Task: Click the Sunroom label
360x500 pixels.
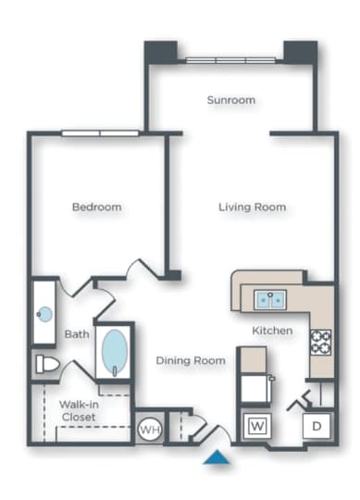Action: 230,100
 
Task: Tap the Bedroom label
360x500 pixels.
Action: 97,207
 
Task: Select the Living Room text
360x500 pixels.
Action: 252,206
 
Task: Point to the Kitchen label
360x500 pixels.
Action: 272,331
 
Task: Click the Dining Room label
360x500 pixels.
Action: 191,360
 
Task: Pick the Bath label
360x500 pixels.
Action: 76,334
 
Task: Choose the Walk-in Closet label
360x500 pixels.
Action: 79,410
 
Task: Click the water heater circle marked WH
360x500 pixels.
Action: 149,430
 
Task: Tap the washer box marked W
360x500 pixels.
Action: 256,427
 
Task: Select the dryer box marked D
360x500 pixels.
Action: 315,428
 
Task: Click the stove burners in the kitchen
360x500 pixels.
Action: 321,342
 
